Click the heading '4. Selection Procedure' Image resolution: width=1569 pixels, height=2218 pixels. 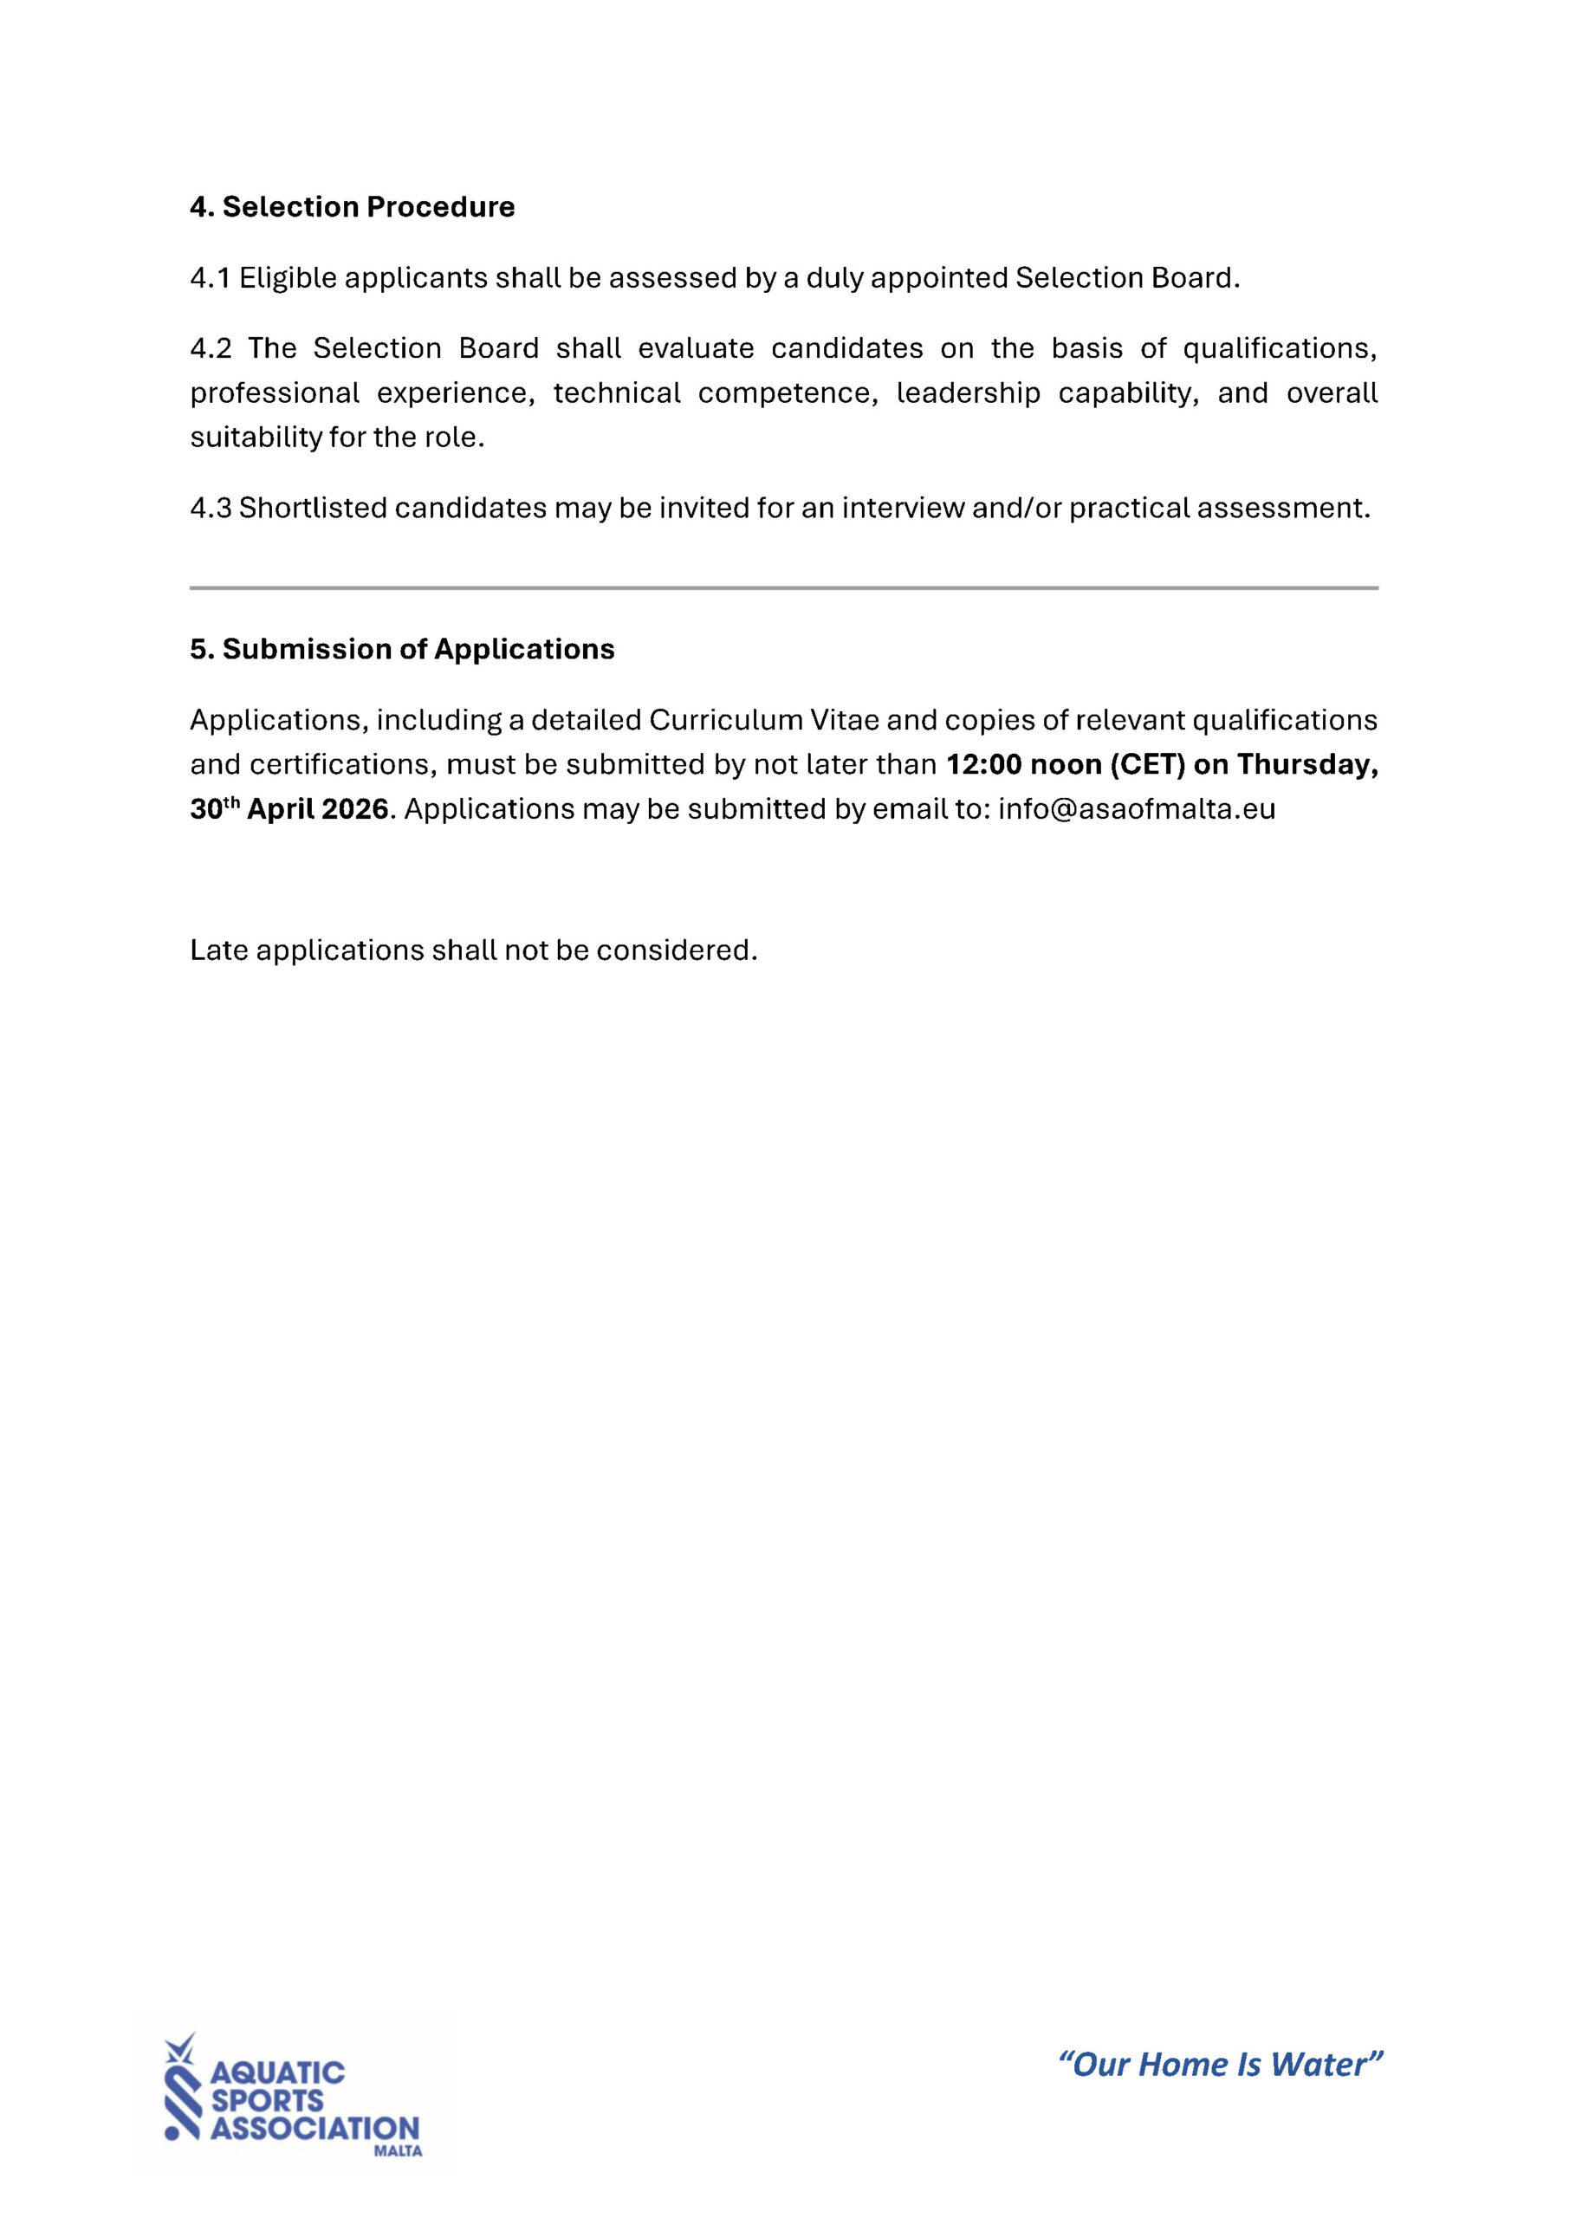tap(352, 207)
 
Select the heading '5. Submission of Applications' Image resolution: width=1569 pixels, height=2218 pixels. tap(402, 649)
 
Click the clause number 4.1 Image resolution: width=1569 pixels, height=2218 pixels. tap(210, 278)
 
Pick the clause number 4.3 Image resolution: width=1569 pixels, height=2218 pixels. tap(211, 508)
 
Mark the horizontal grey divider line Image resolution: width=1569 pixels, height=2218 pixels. tap(783, 587)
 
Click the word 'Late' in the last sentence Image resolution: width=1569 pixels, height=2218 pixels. tap(218, 950)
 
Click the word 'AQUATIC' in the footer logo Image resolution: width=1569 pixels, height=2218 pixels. tap(277, 2072)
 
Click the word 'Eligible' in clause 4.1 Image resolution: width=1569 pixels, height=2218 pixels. tap(287, 278)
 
